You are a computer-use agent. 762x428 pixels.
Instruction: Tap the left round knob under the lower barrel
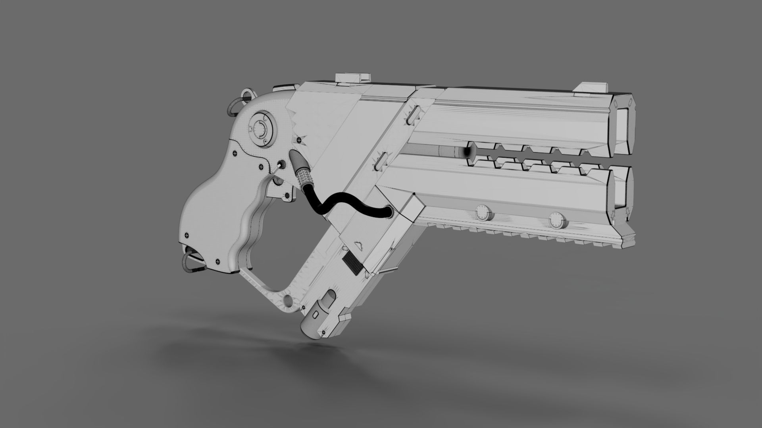(x=483, y=212)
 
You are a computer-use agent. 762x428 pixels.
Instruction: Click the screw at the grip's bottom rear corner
(x=218, y=261)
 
